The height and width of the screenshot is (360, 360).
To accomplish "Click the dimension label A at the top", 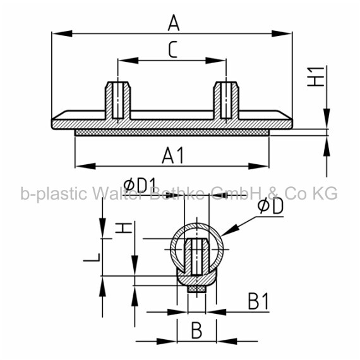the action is click(x=173, y=23).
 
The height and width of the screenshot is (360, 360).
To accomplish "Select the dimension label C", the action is click(x=173, y=49).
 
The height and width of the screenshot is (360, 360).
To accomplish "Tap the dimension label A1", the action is click(x=173, y=155).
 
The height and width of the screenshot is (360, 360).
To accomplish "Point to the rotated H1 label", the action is click(x=316, y=76).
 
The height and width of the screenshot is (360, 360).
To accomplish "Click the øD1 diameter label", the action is click(x=140, y=185).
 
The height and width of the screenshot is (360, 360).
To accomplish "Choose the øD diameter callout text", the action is click(x=270, y=207).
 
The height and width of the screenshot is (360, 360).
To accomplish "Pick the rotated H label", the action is click(x=124, y=227).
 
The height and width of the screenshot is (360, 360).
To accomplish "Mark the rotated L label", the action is click(x=92, y=258).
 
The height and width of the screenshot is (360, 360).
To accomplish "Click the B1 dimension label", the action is click(x=258, y=301).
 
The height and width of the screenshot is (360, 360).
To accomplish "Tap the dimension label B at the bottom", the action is click(x=197, y=330).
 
